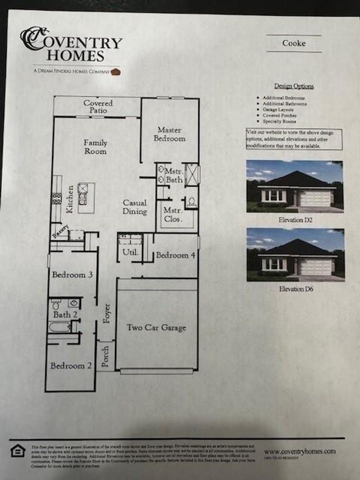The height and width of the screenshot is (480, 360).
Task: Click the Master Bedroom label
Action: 169,134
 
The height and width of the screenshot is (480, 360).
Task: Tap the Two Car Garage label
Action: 156,328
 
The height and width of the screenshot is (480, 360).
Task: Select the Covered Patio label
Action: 98,107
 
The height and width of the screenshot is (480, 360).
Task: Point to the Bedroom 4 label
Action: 175,255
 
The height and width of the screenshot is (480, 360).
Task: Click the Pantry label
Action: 60,231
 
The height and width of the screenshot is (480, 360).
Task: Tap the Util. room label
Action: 130,252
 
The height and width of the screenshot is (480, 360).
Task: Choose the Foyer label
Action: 107,313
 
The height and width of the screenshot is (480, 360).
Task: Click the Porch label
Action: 105,356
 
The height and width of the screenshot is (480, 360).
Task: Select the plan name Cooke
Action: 294,43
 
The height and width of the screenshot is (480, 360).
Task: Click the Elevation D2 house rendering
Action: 295,187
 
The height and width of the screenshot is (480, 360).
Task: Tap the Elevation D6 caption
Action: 296,289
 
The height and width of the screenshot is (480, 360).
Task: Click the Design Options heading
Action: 294,86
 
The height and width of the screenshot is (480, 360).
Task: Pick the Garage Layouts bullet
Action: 278,110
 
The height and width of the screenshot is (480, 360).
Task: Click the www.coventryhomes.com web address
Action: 300,451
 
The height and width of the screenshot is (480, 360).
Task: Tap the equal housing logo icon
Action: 18,451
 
